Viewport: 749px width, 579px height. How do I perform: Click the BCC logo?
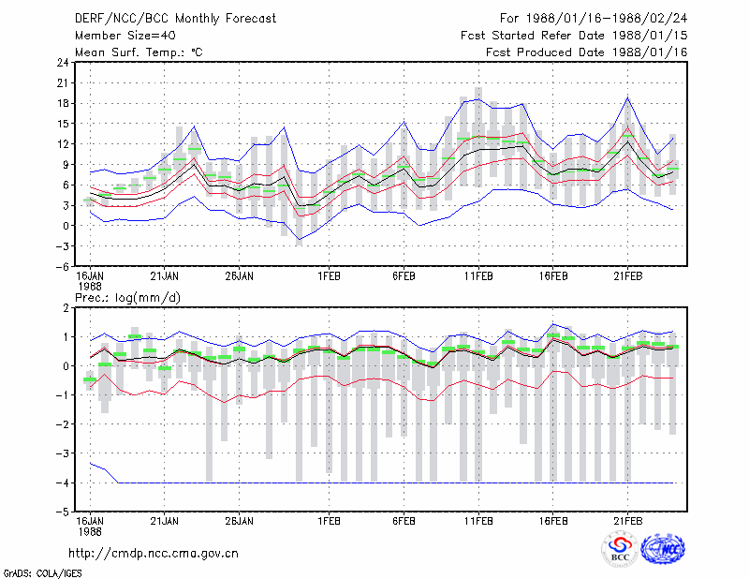620,549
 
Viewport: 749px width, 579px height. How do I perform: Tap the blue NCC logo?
663,549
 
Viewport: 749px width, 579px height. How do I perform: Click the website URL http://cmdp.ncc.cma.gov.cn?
154,554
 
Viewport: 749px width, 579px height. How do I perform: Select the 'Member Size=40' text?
125,36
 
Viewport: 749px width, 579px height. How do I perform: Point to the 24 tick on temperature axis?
63,63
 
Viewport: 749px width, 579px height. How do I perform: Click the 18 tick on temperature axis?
63,103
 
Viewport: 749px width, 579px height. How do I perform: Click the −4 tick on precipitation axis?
61,482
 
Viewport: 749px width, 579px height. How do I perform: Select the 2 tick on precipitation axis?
66,308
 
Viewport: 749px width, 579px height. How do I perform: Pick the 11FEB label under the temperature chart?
478,276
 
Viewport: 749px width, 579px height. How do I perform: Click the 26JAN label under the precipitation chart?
239,521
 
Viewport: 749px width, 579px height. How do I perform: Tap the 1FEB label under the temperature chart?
329,276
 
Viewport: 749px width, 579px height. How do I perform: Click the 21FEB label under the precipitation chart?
627,521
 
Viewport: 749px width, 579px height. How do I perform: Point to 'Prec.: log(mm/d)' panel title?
127,298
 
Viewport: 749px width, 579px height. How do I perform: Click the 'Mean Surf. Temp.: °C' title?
139,52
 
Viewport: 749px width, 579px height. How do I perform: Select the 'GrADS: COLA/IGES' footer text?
42,572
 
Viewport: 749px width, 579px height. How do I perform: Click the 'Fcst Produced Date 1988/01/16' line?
587,52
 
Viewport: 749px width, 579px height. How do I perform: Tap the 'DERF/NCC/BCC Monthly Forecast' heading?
175,19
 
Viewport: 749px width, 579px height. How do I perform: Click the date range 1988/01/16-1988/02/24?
606,19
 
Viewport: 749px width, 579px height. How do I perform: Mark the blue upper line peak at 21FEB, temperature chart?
628,97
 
